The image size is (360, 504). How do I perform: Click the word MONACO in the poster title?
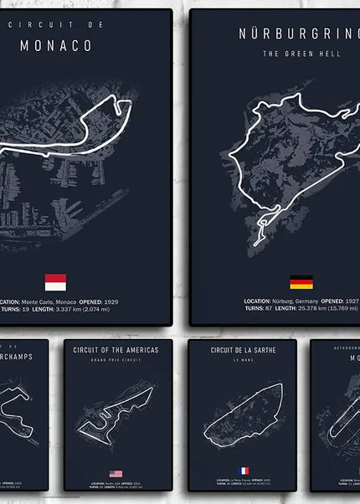point(55,46)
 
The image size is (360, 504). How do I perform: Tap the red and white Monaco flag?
point(55,281)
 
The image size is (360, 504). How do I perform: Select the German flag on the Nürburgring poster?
point(301,282)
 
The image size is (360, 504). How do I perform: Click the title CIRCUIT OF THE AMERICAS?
point(117,351)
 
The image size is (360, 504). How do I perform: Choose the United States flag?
point(116,474)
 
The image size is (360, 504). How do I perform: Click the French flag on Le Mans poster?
point(244,471)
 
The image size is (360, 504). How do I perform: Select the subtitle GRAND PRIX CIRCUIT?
point(117,363)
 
